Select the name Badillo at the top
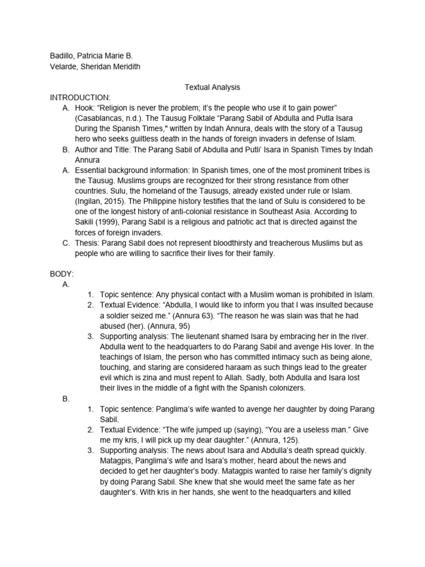(x=63, y=56)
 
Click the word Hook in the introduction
(x=84, y=108)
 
